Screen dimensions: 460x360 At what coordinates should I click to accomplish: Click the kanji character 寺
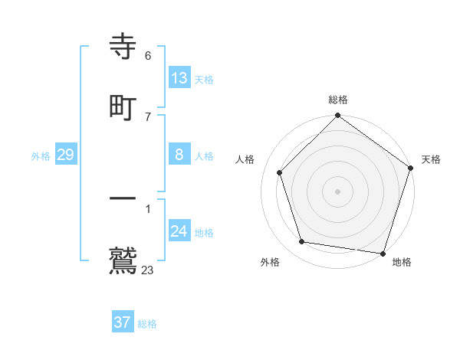point(123,48)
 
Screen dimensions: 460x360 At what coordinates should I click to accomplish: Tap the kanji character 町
point(123,107)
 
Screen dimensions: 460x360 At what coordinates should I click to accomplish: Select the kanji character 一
point(123,200)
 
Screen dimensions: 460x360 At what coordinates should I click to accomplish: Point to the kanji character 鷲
point(123,260)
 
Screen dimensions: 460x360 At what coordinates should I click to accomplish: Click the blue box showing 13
point(179,78)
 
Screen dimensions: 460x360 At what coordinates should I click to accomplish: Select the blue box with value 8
point(179,155)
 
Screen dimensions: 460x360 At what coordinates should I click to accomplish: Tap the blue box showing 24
point(179,231)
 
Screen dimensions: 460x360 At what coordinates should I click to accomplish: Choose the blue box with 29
point(65,155)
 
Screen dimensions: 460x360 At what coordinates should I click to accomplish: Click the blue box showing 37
point(122,322)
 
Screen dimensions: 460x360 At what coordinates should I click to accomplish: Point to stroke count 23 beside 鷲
point(148,270)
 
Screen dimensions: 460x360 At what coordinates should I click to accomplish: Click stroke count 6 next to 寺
point(148,56)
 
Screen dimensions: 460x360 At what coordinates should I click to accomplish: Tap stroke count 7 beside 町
point(148,116)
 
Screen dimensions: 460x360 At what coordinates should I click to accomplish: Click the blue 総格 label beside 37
point(147,324)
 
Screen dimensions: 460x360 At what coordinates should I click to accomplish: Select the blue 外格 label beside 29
point(41,156)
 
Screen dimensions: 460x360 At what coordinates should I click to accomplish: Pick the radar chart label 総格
point(338,100)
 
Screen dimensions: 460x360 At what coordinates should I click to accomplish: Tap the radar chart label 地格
point(402,262)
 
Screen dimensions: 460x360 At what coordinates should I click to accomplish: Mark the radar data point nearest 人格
point(280,172)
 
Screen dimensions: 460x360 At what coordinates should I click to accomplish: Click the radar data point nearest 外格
point(302,242)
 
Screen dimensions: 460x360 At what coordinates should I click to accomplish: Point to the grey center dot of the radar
point(338,191)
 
